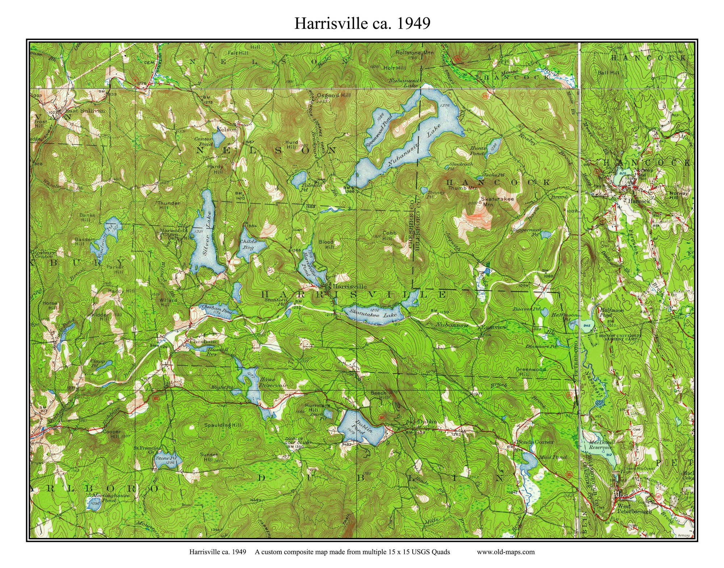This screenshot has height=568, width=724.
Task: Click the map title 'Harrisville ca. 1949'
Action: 362,23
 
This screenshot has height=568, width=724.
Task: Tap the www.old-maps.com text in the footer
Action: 505,552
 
